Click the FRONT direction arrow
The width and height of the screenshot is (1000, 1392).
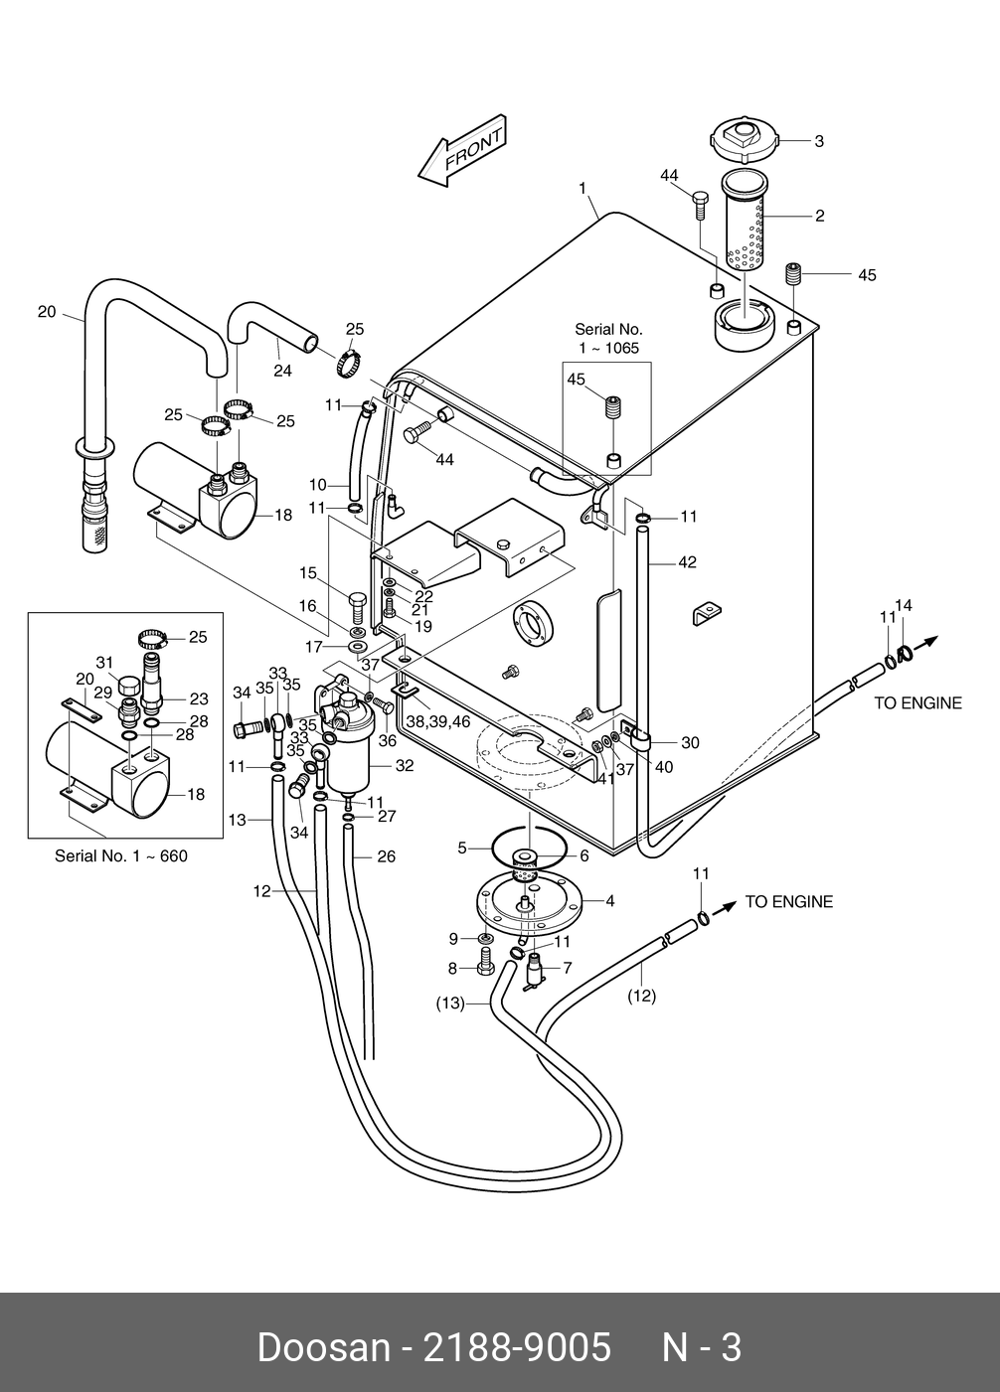(463, 150)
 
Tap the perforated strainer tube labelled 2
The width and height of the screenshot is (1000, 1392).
(745, 221)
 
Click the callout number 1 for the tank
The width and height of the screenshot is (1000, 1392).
(583, 188)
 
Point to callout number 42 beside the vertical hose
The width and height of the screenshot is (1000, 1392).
(687, 562)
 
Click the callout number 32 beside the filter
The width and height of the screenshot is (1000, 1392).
(405, 766)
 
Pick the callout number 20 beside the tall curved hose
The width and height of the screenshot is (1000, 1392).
(47, 312)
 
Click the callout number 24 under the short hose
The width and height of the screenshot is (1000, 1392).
(283, 371)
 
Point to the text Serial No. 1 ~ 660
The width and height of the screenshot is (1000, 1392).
(121, 856)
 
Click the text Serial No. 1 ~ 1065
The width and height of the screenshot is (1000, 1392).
(608, 339)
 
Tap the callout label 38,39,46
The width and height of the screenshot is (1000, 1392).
(438, 721)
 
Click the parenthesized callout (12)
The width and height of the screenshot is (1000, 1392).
(642, 997)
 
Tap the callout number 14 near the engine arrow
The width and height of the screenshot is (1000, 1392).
(904, 605)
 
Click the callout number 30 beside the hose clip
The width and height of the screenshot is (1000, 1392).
(690, 742)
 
